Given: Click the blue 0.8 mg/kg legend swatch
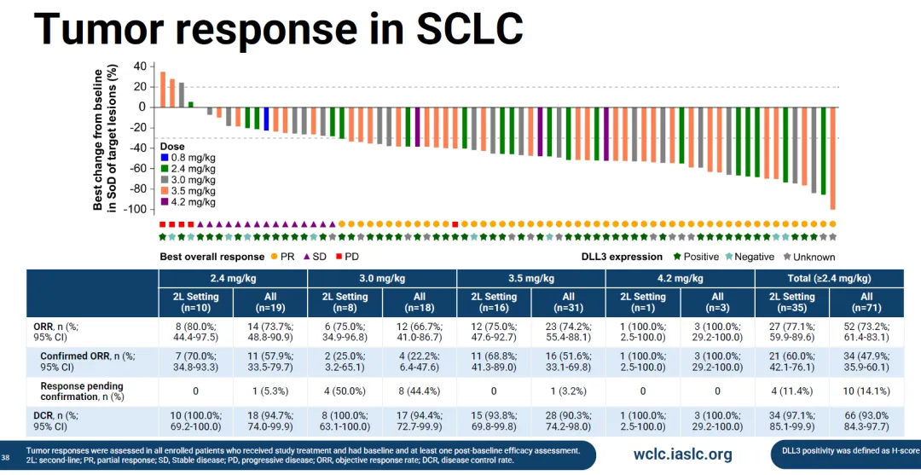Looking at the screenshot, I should click(x=165, y=158).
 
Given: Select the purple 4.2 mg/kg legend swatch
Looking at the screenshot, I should click(x=165, y=202).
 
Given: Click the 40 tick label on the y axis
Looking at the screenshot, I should click(x=139, y=67).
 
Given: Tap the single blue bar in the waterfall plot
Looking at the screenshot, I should click(x=266, y=119).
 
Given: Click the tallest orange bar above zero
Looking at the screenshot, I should click(x=163, y=90).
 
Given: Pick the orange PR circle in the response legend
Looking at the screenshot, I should click(x=275, y=257).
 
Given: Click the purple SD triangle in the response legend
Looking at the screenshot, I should click(x=305, y=257).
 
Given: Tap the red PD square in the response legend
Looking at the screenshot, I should click(x=339, y=257).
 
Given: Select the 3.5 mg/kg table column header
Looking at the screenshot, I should click(x=530, y=279).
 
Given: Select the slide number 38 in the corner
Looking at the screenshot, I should click(x=6, y=455).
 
